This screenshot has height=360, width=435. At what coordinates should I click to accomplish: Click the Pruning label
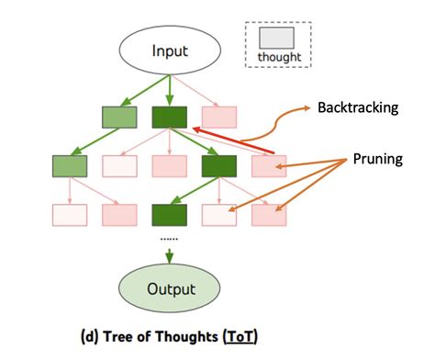(378, 158)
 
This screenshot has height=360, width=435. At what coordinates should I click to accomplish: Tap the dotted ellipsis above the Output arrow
(170, 237)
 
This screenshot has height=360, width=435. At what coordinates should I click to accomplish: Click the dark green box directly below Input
(170, 117)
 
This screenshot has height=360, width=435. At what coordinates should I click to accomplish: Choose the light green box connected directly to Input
(119, 117)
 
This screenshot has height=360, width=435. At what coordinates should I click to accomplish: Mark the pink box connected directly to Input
(218, 117)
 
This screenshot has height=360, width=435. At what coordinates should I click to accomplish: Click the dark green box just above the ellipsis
(170, 215)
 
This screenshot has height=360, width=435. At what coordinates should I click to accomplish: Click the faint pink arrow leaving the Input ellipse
(200, 90)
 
